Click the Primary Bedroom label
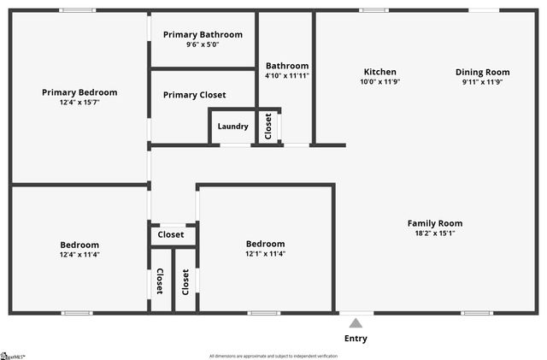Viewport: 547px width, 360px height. (79, 92)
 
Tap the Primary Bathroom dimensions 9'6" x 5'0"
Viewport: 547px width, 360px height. (203, 44)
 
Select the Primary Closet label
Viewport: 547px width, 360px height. (194, 95)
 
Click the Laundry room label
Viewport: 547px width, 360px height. (232, 127)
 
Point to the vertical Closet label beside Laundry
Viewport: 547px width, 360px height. (268, 127)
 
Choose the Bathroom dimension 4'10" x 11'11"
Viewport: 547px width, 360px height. (286, 75)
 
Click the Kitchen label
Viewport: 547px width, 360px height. (379, 72)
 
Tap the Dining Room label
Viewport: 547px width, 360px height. (482, 72)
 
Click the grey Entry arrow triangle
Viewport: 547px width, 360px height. (356, 322)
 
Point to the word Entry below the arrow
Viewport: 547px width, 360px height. (356, 339)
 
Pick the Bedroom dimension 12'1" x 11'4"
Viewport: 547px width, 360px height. (265, 253)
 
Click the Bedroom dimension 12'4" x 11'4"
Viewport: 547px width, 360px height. (79, 254)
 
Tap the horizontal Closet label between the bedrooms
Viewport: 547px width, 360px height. (171, 234)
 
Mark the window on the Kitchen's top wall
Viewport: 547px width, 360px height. (373, 10)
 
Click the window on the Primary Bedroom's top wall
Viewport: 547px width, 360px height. (78, 10)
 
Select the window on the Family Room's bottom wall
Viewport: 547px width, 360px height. (477, 313)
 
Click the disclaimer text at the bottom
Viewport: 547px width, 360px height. (273, 356)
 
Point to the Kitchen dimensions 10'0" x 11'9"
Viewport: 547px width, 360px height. (379, 82)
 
